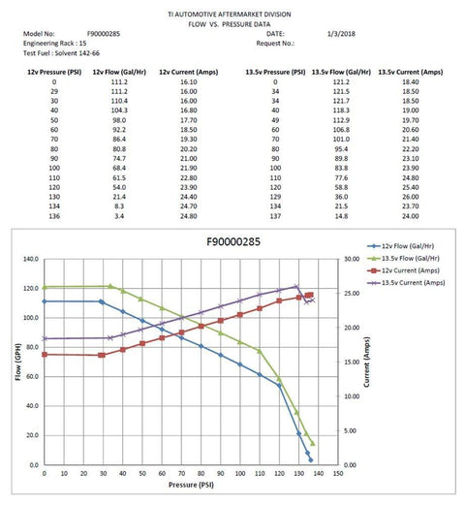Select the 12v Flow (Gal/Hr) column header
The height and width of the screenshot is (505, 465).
click(118, 72)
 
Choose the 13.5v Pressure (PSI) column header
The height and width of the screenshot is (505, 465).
click(273, 72)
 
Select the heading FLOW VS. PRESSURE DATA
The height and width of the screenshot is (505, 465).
click(232, 23)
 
